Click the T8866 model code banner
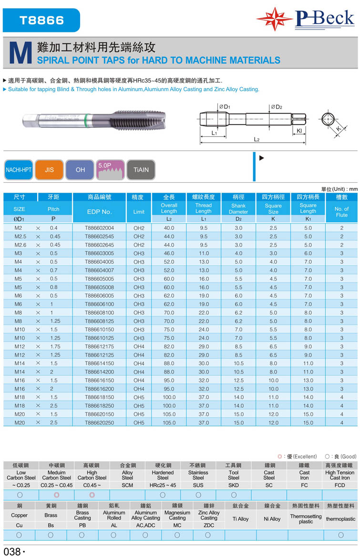point(41,21)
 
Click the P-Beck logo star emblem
point(275,19)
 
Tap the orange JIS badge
point(49,170)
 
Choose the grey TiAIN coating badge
point(141,170)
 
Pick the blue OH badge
point(80,170)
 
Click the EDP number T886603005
point(99,253)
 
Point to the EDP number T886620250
point(99,423)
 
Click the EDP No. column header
point(99,212)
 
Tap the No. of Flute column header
point(341,212)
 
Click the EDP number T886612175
point(99,347)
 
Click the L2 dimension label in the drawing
point(256,139)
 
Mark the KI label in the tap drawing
point(299,130)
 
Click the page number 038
point(12,551)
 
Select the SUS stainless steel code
point(198,485)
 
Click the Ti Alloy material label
point(240,518)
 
